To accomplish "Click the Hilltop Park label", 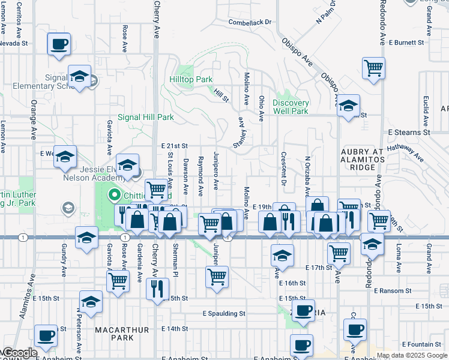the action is click(x=191, y=79).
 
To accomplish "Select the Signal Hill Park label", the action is click(x=145, y=117).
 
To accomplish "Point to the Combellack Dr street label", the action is click(x=250, y=22).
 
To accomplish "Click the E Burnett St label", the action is click(x=406, y=43).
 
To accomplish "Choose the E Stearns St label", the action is click(x=409, y=131).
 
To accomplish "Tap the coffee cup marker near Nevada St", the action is click(x=59, y=44).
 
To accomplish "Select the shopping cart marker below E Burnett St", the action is click(x=373, y=68).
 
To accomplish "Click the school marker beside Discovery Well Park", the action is click(x=348, y=106).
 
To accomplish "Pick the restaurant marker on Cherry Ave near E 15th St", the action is click(x=158, y=289).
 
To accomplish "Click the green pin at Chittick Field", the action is click(x=115, y=196).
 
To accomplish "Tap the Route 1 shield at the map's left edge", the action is click(x=22, y=237).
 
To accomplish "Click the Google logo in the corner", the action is click(x=19, y=353).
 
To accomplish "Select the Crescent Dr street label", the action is click(x=283, y=168).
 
